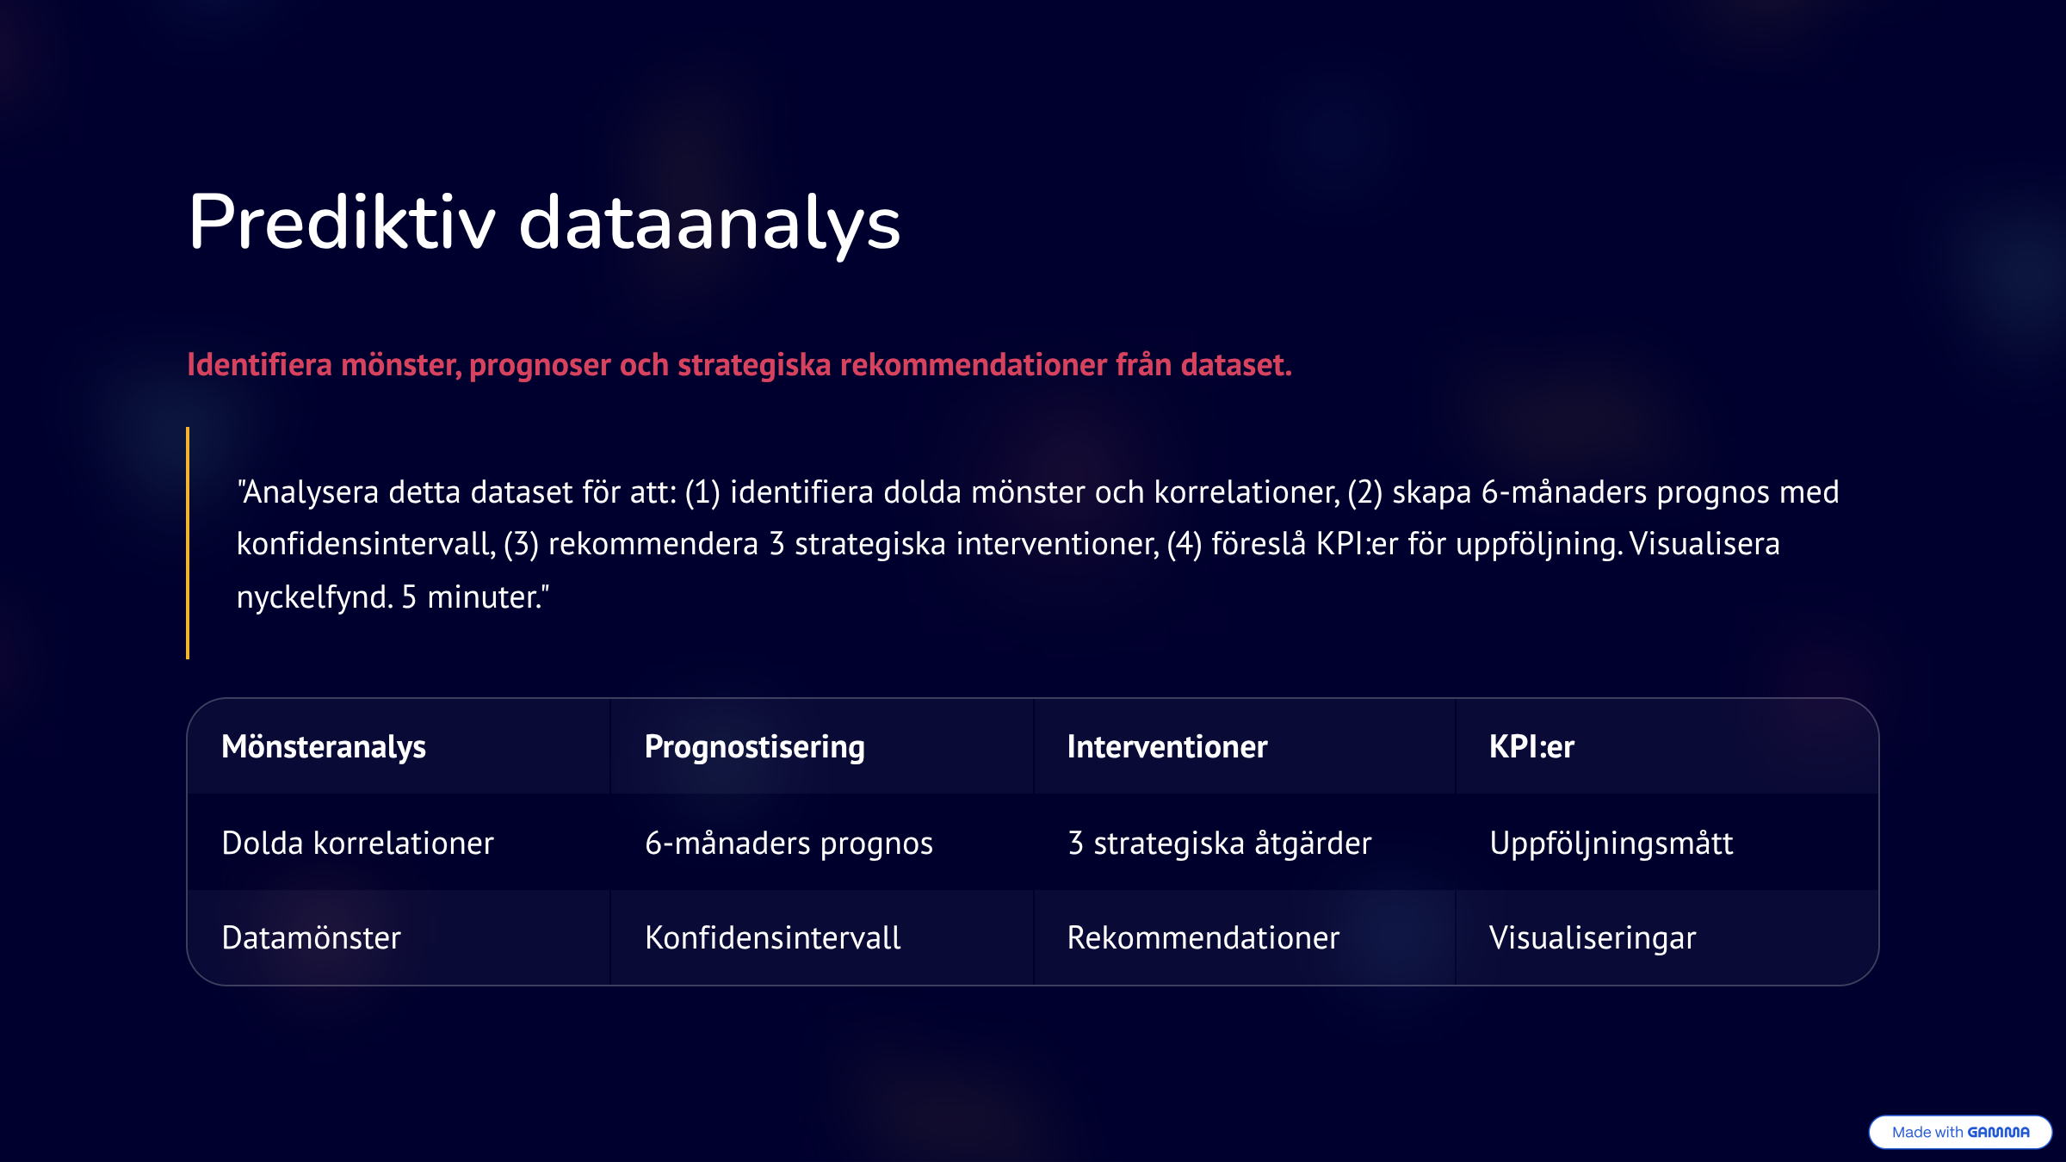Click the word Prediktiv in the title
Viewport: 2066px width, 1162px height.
pos(342,222)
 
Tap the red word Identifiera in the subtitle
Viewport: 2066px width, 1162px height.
pos(259,364)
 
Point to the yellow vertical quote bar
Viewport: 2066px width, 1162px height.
pos(188,543)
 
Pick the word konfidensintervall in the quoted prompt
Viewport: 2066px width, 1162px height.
pos(366,544)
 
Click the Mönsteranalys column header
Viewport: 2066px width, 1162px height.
pos(324,747)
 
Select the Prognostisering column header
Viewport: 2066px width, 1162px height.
pos(755,747)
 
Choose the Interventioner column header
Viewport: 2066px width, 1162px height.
pos(1167,746)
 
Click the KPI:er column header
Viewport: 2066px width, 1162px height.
pos(1531,746)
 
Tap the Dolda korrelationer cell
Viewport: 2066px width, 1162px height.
pos(358,844)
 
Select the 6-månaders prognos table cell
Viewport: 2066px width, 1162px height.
pos(789,844)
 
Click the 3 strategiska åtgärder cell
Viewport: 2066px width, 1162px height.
pos(1220,844)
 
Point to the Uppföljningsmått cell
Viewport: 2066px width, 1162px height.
pos(1611,844)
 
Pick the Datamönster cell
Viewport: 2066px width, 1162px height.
pos(312,937)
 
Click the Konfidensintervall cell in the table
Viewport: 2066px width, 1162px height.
pos(773,937)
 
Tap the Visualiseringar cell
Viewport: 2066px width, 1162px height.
pos(1593,938)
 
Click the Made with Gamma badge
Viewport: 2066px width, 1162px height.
pos(1960,1132)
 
